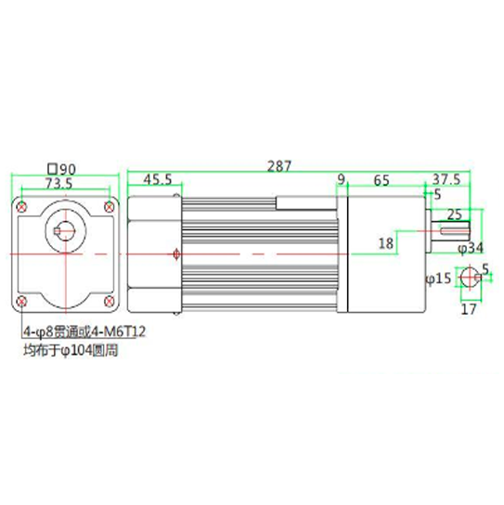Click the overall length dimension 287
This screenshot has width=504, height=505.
tap(278, 166)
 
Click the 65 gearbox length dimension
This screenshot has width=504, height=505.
tap(381, 179)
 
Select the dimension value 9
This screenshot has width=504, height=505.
tap(341, 179)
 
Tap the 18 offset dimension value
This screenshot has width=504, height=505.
tap(386, 243)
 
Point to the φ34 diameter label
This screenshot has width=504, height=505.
tap(472, 248)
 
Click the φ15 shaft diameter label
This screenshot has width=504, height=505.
tap(437, 277)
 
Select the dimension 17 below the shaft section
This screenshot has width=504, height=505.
tap(469, 309)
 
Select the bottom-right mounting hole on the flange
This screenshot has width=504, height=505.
tap(110, 302)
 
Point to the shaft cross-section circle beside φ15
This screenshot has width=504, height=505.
tap(469, 276)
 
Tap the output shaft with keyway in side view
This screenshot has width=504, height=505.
tap(456, 232)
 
